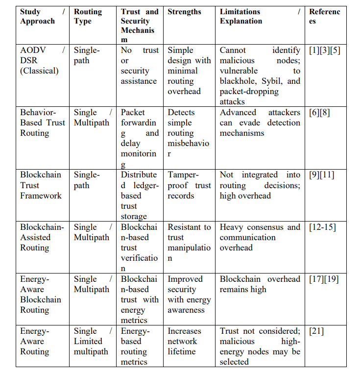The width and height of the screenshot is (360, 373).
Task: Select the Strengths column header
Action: (184, 12)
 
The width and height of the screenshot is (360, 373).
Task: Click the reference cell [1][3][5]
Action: (324, 50)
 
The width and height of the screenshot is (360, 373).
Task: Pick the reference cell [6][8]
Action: (319, 112)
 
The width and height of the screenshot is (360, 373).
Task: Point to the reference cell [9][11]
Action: (321, 175)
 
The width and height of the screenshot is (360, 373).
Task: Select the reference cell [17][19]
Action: (324, 279)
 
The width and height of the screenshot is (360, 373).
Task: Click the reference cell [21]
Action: (316, 331)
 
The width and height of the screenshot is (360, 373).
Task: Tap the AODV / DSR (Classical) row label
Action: (42, 60)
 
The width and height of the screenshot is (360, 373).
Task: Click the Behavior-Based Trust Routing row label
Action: (42, 123)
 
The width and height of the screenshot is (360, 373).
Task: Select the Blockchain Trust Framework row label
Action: (41, 185)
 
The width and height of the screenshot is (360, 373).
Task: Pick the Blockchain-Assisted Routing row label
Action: (42, 237)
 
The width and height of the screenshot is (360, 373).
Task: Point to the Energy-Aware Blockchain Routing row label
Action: (41, 294)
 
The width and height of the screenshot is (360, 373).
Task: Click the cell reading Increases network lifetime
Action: (185, 341)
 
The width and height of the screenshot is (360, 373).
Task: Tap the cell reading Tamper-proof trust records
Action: (189, 185)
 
